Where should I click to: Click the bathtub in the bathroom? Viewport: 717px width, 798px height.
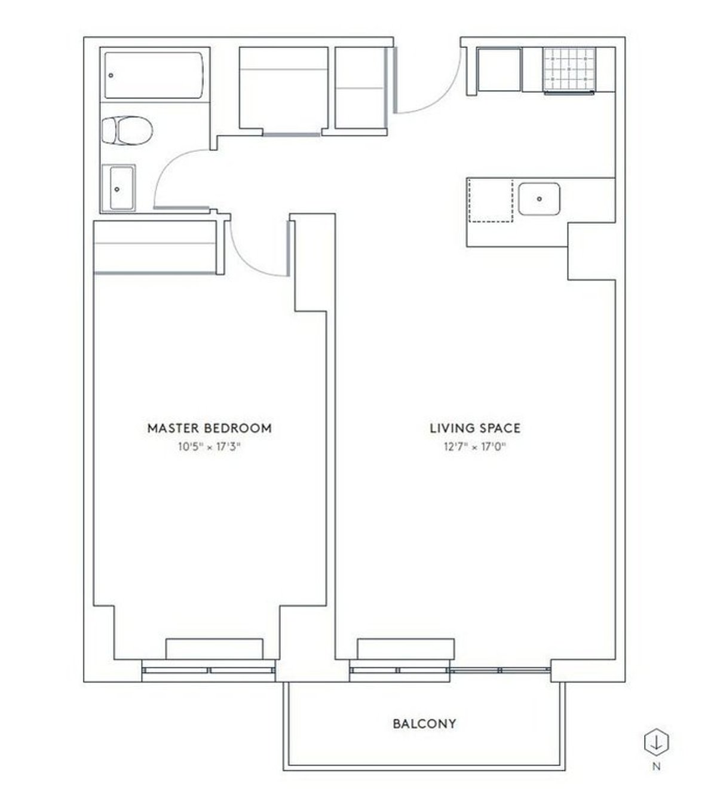155,75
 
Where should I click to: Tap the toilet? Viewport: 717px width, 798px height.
126,130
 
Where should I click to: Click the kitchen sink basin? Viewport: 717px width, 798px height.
539,199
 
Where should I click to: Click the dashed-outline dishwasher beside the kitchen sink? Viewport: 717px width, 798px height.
491,200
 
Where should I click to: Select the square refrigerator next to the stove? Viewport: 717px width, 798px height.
500,70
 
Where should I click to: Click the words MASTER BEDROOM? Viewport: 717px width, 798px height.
209,428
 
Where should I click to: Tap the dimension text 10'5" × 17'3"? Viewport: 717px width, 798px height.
209,447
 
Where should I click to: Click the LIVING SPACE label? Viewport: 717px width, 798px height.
475,428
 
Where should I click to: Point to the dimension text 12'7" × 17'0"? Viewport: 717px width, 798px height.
475,447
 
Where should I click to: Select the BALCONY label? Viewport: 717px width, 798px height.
424,724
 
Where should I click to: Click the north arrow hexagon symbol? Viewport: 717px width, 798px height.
656,742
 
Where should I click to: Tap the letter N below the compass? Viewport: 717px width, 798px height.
656,767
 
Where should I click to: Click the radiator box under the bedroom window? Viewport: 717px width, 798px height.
214,649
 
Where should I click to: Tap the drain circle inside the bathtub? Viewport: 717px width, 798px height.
111,76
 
